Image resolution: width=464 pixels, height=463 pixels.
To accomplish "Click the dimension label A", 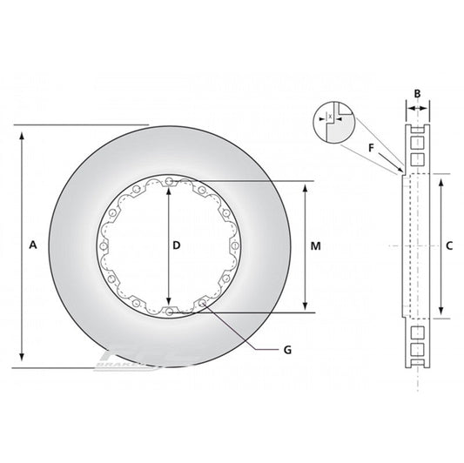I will pos(32,246).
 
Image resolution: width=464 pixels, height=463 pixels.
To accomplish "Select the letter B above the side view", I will pos(417,93).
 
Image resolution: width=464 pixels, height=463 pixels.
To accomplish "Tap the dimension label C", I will pos(449,246).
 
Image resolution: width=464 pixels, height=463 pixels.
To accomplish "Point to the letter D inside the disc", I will pos(177,246).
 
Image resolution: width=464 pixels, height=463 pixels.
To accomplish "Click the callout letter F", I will pos(372,148).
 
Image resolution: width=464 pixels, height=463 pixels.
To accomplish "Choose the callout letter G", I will pos(286,349).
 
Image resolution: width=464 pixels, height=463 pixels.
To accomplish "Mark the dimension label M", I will pos(316,246).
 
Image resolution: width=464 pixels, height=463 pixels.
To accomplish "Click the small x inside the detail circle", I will pos(330,115).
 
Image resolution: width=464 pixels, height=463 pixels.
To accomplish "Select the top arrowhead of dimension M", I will pos(304,186).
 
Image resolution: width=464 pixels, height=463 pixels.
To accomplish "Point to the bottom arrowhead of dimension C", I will pos(442,313).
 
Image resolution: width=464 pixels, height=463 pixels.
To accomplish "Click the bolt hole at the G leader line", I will pos(203,302).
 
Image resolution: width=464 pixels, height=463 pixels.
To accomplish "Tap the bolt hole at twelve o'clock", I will pos(168,181).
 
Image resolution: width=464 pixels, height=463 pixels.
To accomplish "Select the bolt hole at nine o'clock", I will pos(104,246).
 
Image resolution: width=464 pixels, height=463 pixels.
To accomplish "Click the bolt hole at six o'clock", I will pos(168,311).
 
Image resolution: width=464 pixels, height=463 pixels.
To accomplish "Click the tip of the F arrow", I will pos(402,171).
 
